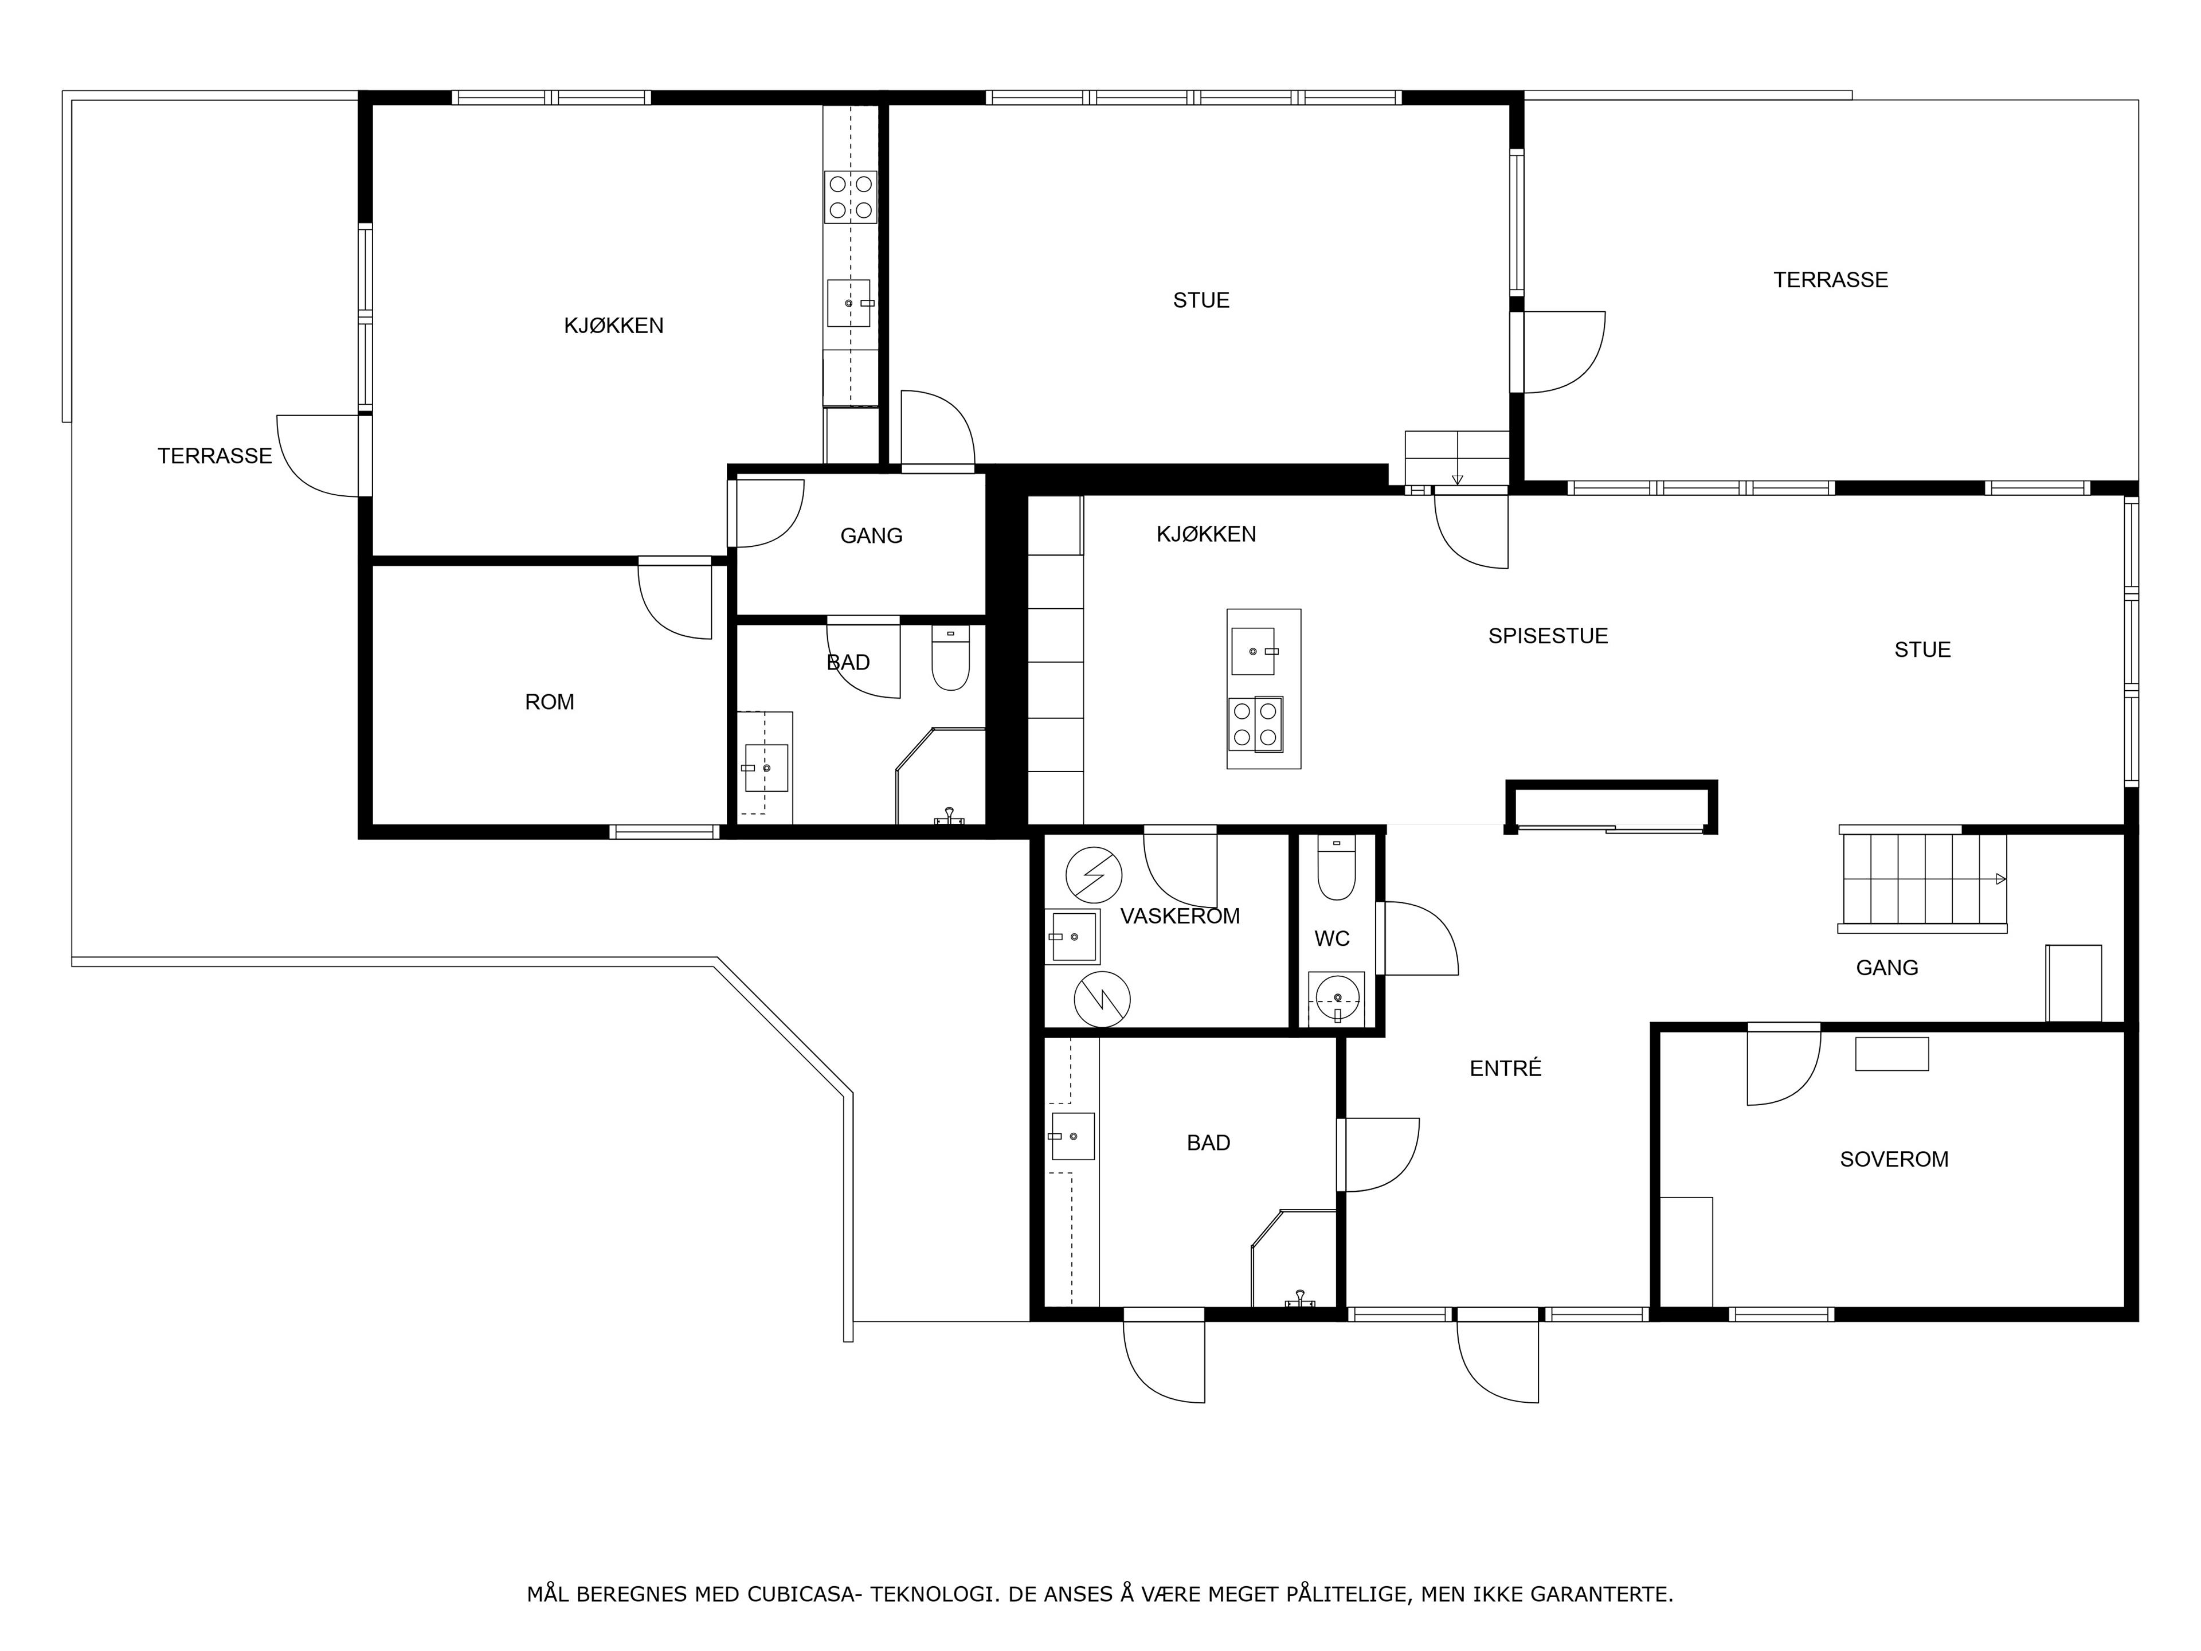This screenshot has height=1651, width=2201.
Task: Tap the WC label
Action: tap(1332, 938)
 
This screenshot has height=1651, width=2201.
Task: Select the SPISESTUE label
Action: tap(1548, 636)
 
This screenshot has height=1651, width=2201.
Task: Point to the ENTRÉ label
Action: tap(1506, 1068)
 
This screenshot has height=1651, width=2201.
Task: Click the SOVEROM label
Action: tap(1894, 1159)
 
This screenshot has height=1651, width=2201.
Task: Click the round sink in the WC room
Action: tap(1336, 997)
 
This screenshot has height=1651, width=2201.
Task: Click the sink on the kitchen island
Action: tap(1253, 651)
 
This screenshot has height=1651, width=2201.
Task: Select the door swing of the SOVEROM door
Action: tap(1785, 1066)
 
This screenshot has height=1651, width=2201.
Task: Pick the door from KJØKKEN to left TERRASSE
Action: tap(319, 456)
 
